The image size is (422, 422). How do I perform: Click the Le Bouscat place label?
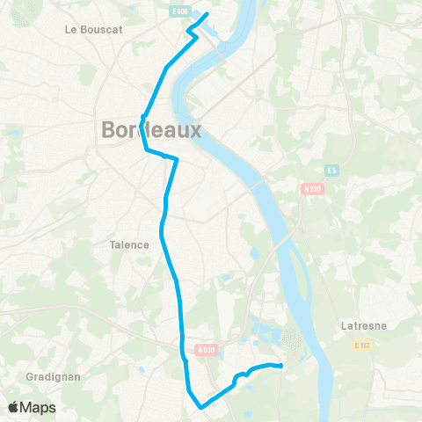pyautogui.click(x=93, y=29)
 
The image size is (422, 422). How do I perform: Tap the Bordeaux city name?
pyautogui.click(x=151, y=130)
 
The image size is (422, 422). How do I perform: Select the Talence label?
pyautogui.click(x=128, y=244)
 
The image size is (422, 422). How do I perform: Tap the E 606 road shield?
pyautogui.click(x=179, y=11)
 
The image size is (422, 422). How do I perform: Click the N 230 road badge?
pyautogui.click(x=312, y=188)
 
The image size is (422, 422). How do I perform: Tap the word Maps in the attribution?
pyautogui.click(x=39, y=407)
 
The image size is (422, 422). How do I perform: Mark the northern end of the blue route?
pyautogui.click(x=206, y=14)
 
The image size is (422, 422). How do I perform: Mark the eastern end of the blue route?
pyautogui.click(x=280, y=366)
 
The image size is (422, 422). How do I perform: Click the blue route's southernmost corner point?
pyautogui.click(x=201, y=407)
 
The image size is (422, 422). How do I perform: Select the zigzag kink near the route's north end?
pyautogui.click(x=191, y=33)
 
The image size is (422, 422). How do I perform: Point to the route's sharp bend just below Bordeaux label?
pyautogui.click(x=146, y=150)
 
